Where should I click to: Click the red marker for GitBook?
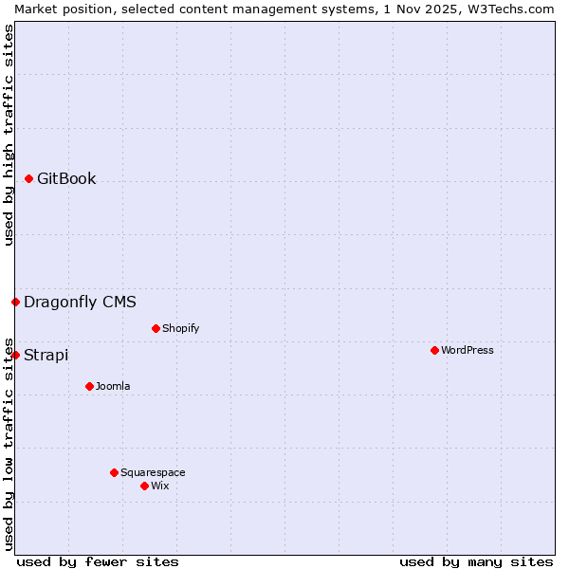29,178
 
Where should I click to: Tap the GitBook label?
66,178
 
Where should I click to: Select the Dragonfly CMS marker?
16,302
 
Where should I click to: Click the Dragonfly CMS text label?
80,303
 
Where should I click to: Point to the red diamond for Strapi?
16,355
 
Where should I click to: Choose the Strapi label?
46,356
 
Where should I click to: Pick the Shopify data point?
156,328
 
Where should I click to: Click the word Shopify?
180,329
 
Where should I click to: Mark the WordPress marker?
434,350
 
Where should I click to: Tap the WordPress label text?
467,350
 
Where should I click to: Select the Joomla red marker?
89,386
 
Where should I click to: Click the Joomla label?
113,386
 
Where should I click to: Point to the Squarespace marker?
114,472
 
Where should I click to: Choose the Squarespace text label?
153,472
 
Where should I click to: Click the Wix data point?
144,486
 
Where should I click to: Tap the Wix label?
159,486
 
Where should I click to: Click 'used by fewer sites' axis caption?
98,561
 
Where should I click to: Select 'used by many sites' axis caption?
476,561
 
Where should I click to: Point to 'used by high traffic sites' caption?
9,135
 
